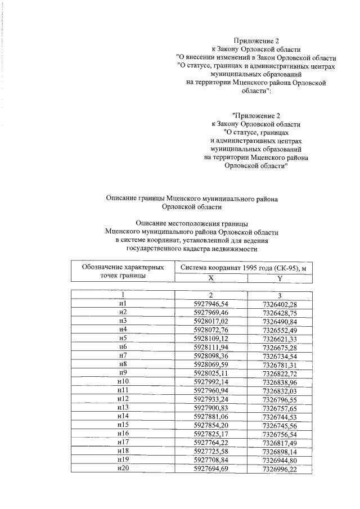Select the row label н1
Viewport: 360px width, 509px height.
tap(123, 304)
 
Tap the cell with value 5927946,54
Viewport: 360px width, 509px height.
tap(211, 304)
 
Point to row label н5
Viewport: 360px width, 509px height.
tap(123, 339)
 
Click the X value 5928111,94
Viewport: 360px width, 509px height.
tap(211, 348)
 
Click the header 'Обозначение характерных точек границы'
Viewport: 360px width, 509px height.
tap(123, 272)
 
